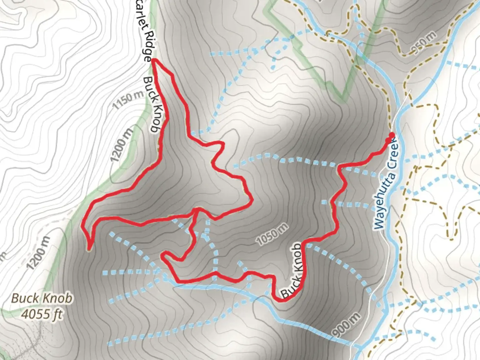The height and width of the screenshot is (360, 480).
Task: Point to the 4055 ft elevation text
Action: (x=42, y=314)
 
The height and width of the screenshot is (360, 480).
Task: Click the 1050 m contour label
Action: (x=273, y=235)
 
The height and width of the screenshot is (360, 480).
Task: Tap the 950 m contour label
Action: (x=423, y=43)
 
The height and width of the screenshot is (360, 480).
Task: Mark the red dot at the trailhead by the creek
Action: (x=392, y=135)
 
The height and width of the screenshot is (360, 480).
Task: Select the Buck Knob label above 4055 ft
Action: (x=41, y=298)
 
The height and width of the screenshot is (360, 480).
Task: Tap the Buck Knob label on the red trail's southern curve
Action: (x=293, y=270)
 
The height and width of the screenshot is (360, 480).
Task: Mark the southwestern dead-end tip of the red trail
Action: (x=89, y=248)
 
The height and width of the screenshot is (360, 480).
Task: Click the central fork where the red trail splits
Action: (x=197, y=210)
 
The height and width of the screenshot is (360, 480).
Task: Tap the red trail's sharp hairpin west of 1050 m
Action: (x=163, y=256)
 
